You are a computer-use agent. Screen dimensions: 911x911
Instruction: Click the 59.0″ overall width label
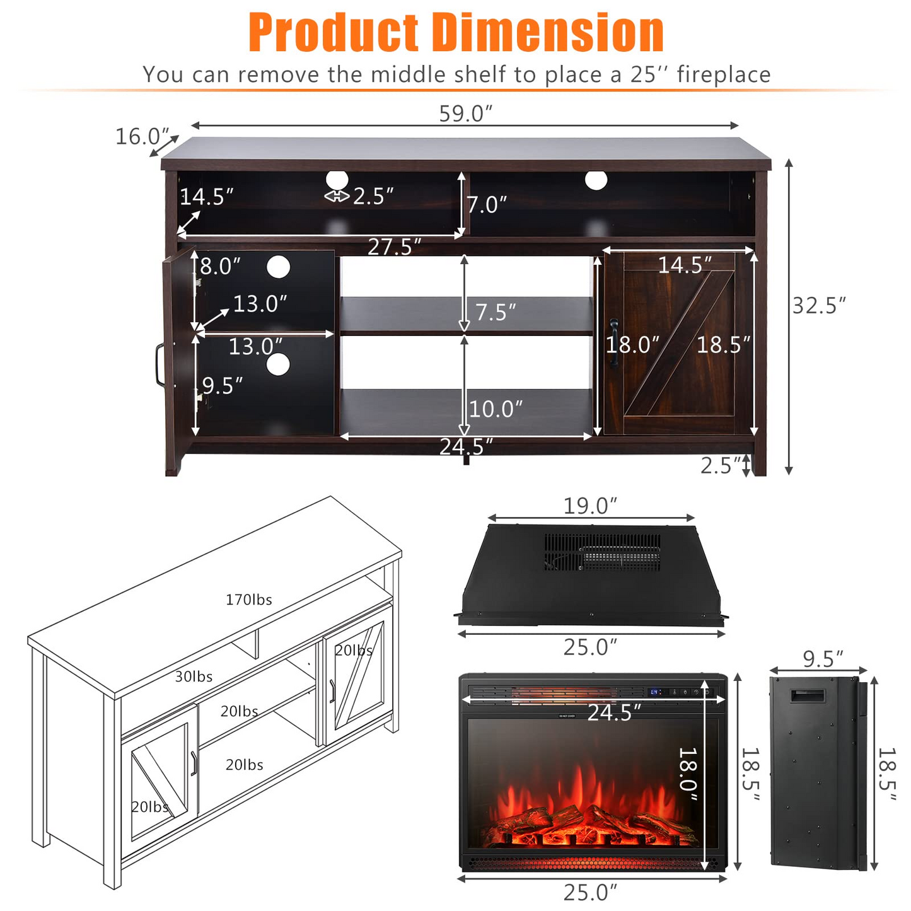(x=465, y=113)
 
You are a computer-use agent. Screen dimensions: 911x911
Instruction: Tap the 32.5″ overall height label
(x=819, y=306)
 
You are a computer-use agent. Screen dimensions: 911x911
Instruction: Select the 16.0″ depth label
(x=142, y=136)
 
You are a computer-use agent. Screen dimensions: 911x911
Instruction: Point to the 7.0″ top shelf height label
(x=487, y=205)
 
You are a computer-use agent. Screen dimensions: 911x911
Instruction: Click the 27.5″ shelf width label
(x=394, y=247)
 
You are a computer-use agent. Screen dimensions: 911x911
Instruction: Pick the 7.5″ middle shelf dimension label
(x=496, y=312)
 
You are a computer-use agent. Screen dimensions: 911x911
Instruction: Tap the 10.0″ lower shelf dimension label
(x=496, y=409)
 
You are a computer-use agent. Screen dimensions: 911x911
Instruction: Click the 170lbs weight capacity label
(x=249, y=600)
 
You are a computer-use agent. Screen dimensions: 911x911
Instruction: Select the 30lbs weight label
(x=194, y=676)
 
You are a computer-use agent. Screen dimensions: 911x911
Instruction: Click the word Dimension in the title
(x=547, y=33)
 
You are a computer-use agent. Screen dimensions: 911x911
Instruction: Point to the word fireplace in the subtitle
(x=723, y=75)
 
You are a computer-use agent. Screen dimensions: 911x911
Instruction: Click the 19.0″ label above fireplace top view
(x=590, y=506)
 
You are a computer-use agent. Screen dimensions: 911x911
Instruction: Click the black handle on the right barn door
(x=613, y=343)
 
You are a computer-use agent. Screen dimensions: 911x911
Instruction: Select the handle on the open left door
(x=159, y=365)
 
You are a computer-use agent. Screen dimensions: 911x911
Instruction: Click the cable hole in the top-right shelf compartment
(x=596, y=180)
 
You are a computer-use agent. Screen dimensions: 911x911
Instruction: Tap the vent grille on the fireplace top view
(x=603, y=553)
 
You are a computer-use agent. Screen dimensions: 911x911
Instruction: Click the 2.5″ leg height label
(x=721, y=466)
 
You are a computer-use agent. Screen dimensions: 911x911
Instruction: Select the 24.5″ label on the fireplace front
(x=613, y=712)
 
